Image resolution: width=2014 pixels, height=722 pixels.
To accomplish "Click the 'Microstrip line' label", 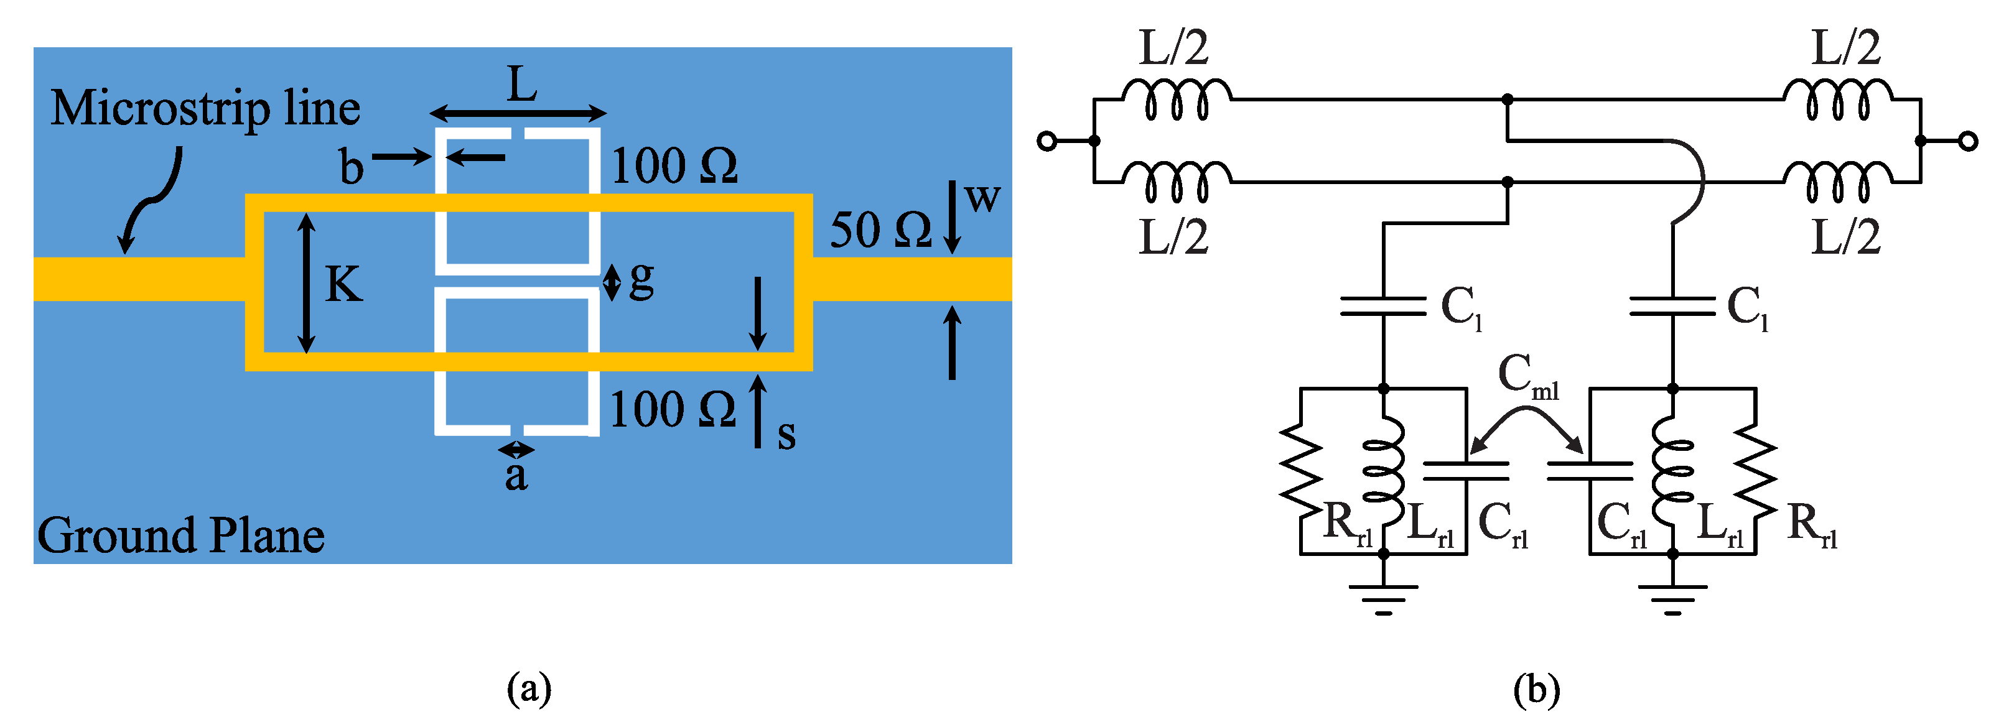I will click(205, 109).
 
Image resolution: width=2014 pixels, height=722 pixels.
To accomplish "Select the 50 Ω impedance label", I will click(880, 231).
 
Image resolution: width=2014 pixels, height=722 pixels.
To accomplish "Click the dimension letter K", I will click(344, 284).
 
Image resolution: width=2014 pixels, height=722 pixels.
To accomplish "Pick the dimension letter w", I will click(982, 198).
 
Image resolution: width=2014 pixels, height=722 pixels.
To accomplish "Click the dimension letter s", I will click(786, 435).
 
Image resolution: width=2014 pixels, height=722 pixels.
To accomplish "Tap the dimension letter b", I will click(352, 167).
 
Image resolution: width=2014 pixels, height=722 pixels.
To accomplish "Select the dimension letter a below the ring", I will click(516, 475).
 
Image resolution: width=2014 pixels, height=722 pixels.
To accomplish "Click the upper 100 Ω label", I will click(674, 165).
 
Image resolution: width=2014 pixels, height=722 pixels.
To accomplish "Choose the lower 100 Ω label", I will click(673, 409).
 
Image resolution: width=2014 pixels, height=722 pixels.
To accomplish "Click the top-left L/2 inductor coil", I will click(1177, 100).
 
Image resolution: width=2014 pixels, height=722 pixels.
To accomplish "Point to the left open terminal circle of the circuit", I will click(1047, 141).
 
